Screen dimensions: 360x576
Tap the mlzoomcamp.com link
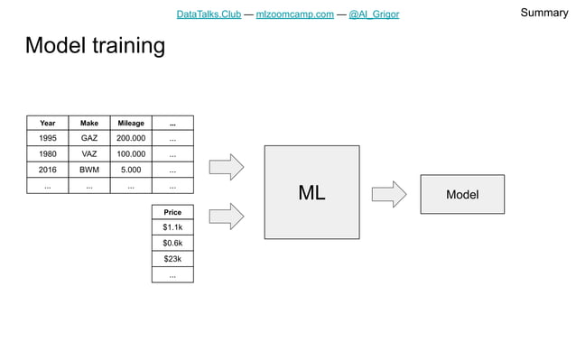[x=294, y=14]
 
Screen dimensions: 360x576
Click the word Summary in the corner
[x=544, y=13]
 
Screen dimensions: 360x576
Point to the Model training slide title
[x=95, y=46]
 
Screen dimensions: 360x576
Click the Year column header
[x=48, y=123]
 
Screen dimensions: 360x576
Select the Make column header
[x=89, y=123]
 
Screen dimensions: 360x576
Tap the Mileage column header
[x=131, y=123]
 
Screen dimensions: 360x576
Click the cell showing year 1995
[x=48, y=139]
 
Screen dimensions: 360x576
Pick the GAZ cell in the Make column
[x=89, y=139]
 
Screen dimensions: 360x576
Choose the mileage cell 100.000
[x=131, y=154]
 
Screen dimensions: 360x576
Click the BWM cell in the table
[x=89, y=170]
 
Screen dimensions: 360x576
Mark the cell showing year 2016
[x=48, y=170]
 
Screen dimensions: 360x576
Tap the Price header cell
[x=172, y=212]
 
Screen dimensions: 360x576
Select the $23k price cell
[x=172, y=259]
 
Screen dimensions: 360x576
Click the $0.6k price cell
[x=172, y=244]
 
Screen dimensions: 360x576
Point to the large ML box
[x=311, y=193]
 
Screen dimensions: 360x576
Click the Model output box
[x=462, y=194]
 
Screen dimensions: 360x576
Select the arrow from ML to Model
[x=389, y=194]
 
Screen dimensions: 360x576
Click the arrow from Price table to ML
[x=227, y=216]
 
